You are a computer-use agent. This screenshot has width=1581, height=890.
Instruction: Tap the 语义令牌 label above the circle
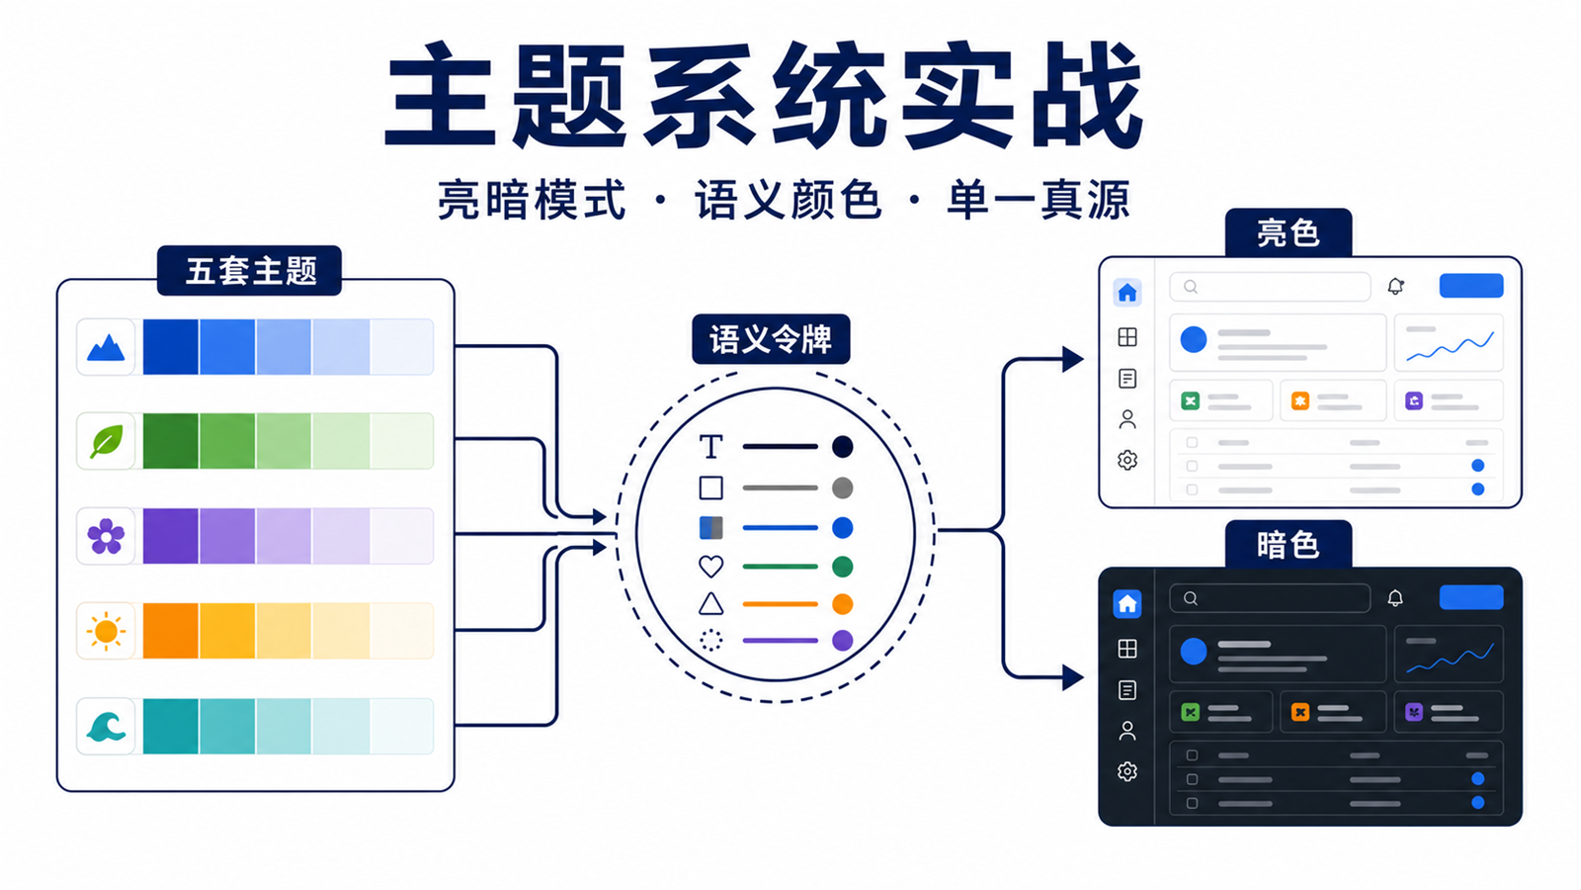pyautogui.click(x=771, y=339)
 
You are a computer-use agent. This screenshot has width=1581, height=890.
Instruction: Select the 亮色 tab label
pyautogui.click(x=1289, y=232)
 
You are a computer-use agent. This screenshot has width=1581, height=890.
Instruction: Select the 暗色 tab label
pyautogui.click(x=1289, y=545)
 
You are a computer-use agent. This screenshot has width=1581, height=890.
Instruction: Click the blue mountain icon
pyautogui.click(x=106, y=347)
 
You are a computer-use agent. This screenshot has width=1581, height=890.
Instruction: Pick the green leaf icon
pyautogui.click(x=106, y=441)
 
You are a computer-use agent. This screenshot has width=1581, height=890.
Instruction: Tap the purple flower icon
pyautogui.click(x=106, y=536)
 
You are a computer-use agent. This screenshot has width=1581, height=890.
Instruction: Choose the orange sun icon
pyautogui.click(x=106, y=631)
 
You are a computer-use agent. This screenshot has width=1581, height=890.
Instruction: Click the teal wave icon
pyautogui.click(x=106, y=726)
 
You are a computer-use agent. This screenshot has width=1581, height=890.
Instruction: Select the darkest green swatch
pyautogui.click(x=171, y=441)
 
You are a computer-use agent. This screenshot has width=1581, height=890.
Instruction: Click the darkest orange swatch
pyautogui.click(x=171, y=631)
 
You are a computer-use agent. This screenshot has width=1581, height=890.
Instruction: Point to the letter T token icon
pyautogui.click(x=710, y=446)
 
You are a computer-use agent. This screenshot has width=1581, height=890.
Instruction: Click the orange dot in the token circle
pyautogui.click(x=842, y=604)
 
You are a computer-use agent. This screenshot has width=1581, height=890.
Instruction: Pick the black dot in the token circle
pyautogui.click(x=842, y=446)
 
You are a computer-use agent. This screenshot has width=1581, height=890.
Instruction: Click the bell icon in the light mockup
pyautogui.click(x=1395, y=286)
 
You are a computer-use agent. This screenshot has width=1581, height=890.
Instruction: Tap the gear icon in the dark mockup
pyautogui.click(x=1127, y=771)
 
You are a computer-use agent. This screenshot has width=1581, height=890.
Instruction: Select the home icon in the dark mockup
pyautogui.click(x=1127, y=604)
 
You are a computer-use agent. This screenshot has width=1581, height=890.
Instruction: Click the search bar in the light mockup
pyautogui.click(x=1270, y=287)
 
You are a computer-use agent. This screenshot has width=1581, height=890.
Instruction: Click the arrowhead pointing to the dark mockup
pyautogui.click(x=1073, y=677)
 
